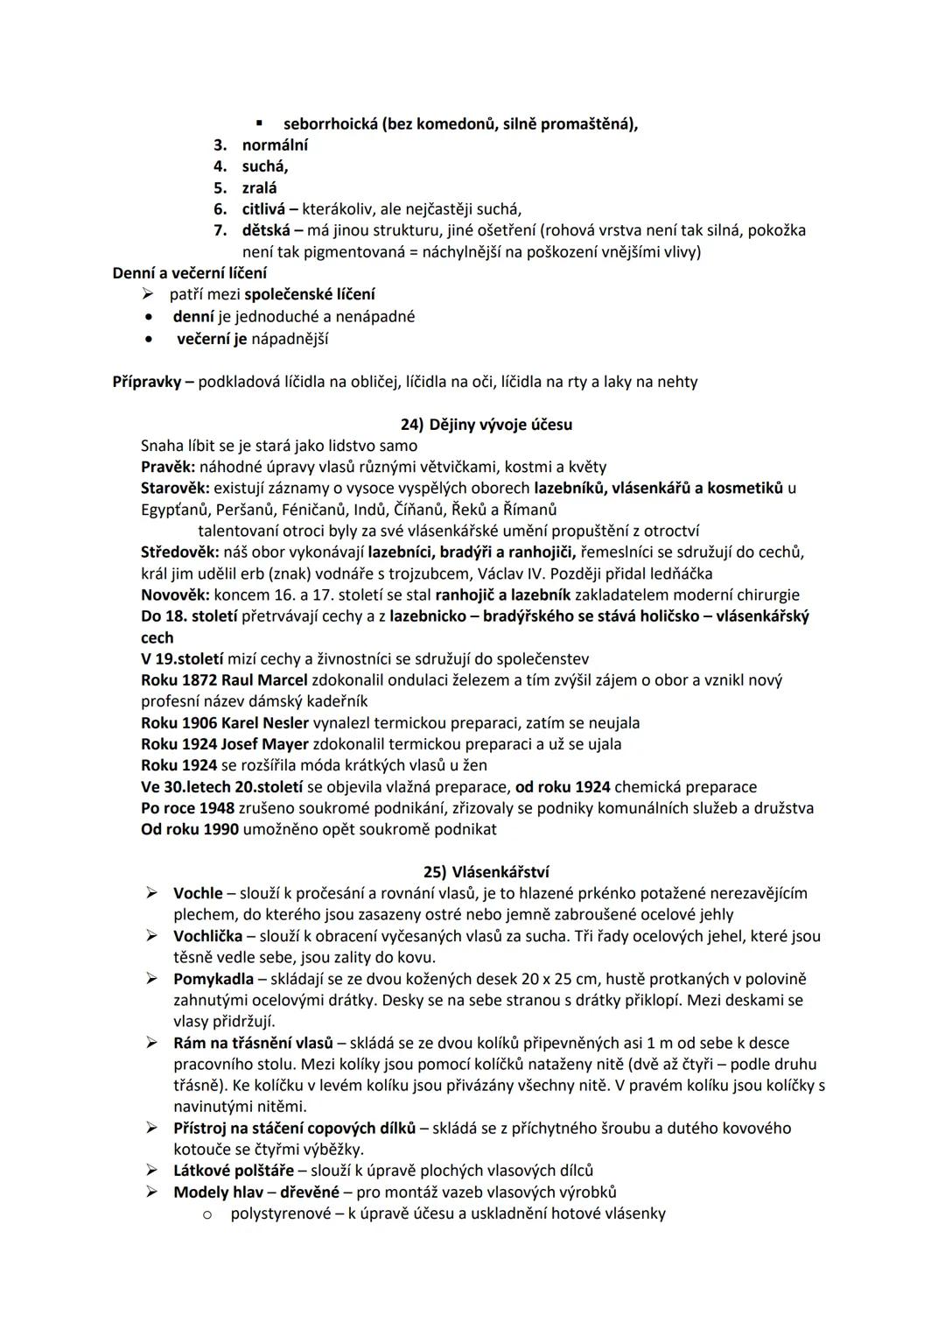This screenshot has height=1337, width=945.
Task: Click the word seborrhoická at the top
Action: click(x=329, y=123)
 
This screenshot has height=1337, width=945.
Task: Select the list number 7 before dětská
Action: click(x=220, y=230)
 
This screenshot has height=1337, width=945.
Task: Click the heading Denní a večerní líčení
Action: click(x=190, y=273)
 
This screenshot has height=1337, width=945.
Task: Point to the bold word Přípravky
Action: click(x=148, y=382)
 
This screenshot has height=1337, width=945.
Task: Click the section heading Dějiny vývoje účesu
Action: click(x=500, y=425)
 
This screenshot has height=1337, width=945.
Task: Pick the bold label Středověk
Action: click(x=180, y=552)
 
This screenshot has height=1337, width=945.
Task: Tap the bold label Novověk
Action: click(x=174, y=595)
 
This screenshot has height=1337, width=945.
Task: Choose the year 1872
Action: click(x=199, y=680)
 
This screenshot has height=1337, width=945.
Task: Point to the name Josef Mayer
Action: click(x=265, y=744)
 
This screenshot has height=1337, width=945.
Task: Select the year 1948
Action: click(x=215, y=808)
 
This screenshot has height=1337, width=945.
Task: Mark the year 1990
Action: click(x=220, y=829)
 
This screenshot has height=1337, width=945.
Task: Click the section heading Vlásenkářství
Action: click(x=500, y=872)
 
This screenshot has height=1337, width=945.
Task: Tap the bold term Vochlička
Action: click(x=207, y=936)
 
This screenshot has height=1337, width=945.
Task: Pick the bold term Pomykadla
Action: click(x=213, y=979)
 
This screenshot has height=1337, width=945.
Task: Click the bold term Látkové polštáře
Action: click(x=235, y=1170)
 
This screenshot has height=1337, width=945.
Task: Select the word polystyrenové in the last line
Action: click(x=280, y=1214)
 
